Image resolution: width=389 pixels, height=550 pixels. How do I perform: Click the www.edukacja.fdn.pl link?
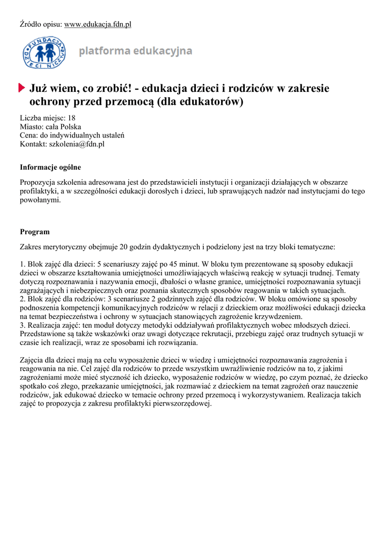click(x=98, y=24)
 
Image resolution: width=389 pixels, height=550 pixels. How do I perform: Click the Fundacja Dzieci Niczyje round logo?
click(x=44, y=52)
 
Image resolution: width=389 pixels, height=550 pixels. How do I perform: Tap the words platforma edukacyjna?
click(x=135, y=52)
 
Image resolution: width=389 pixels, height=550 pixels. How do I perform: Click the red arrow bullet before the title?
click(x=22, y=88)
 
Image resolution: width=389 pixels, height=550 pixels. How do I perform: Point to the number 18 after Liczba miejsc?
click(x=71, y=118)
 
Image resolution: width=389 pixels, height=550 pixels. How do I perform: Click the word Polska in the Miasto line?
click(x=70, y=127)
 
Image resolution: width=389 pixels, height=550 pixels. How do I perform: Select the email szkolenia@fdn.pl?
click(x=77, y=144)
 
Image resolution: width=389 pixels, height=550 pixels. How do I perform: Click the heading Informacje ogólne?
click(x=50, y=167)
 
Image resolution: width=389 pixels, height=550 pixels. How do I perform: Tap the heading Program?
click(x=35, y=232)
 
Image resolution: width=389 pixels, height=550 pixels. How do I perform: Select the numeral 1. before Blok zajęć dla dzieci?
click(x=23, y=264)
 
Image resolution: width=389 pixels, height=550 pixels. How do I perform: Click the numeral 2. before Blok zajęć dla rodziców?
click(x=23, y=299)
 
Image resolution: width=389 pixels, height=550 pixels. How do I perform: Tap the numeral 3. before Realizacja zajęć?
click(x=23, y=325)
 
